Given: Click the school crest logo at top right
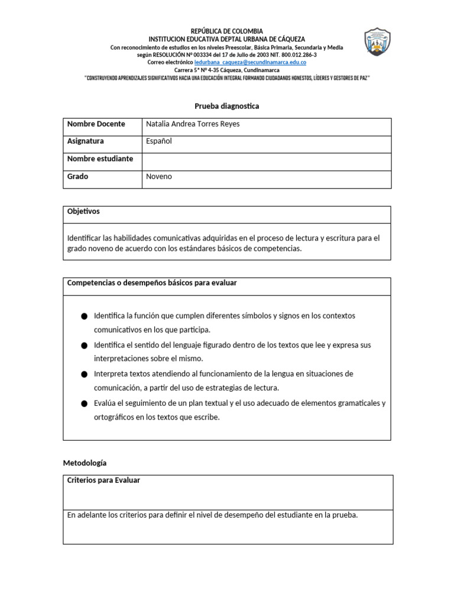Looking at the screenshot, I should pyautogui.click(x=377, y=43).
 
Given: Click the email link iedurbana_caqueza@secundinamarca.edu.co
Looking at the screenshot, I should pyautogui.click(x=250, y=62).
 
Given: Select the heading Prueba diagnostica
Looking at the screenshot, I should pyautogui.click(x=227, y=106).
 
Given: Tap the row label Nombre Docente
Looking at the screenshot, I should pyautogui.click(x=96, y=124).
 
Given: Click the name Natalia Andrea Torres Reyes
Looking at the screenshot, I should pyautogui.click(x=193, y=124).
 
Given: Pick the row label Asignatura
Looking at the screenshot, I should pyautogui.click(x=86, y=141).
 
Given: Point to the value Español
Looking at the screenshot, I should pyautogui.click(x=159, y=141).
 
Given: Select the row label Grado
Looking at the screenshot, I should pyautogui.click(x=77, y=177).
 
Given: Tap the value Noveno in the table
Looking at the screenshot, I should pyautogui.click(x=159, y=177).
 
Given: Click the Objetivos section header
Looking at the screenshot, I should pyautogui.click(x=84, y=212).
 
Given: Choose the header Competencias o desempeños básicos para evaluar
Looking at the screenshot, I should pyautogui.click(x=152, y=284).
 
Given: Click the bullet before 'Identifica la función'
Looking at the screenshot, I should pyautogui.click(x=85, y=317).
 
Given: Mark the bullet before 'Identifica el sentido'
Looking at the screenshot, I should pyautogui.click(x=85, y=346).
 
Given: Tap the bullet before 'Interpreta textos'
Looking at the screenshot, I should pyautogui.click(x=85, y=375).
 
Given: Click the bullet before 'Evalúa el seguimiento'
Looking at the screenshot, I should pyautogui.click(x=85, y=404).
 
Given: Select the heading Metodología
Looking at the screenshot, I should pyautogui.click(x=85, y=463).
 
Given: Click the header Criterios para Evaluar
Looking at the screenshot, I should pyautogui.click(x=104, y=481).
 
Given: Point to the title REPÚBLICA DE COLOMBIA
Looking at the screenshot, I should pyautogui.click(x=227, y=31).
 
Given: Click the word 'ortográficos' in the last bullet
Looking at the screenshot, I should pyautogui.click(x=113, y=418).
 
